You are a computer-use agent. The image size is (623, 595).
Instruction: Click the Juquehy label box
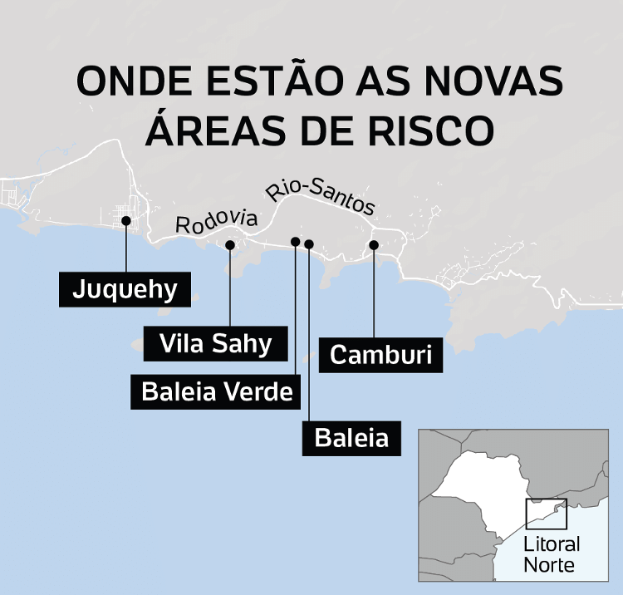click(x=125, y=289)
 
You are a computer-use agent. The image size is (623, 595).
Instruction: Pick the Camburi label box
click(x=381, y=354)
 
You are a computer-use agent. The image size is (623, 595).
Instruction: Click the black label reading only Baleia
click(x=351, y=437)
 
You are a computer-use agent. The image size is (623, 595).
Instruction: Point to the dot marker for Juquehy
click(x=125, y=221)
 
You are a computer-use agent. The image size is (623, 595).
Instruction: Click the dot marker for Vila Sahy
click(x=230, y=244)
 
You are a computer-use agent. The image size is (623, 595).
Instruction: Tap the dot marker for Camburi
click(x=374, y=244)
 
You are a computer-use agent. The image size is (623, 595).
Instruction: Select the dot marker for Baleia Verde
click(x=296, y=241)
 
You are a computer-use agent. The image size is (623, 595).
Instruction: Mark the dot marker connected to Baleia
click(x=309, y=243)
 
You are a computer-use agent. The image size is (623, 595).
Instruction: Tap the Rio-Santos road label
click(x=321, y=198)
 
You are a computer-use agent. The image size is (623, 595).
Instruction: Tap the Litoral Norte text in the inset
click(x=552, y=554)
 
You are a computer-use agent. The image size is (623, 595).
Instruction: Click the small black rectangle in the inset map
click(x=546, y=514)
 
